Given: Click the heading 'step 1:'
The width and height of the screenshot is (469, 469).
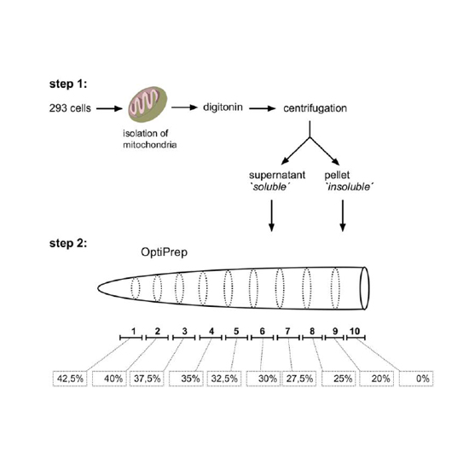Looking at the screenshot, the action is click(x=68, y=84).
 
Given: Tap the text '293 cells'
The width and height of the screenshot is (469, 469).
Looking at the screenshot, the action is click(x=70, y=108).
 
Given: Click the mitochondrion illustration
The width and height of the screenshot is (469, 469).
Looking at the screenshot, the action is click(x=148, y=104).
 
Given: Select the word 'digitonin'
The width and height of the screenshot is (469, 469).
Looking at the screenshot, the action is click(x=223, y=107).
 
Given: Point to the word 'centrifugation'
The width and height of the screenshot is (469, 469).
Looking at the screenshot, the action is click(x=315, y=108).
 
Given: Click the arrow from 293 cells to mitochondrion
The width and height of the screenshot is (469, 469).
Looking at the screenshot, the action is click(x=109, y=108).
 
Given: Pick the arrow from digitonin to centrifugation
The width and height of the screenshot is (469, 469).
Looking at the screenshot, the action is click(x=263, y=108).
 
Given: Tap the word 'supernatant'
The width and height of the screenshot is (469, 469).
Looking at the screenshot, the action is click(x=277, y=176).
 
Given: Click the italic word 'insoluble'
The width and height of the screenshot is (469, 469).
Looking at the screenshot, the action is click(x=350, y=187).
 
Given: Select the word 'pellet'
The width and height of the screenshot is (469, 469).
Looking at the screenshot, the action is click(x=337, y=175).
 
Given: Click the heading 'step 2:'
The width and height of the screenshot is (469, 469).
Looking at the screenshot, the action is click(x=68, y=243).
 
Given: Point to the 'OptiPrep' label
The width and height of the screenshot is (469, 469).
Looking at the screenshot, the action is click(x=165, y=252).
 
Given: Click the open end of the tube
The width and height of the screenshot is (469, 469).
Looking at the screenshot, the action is click(x=364, y=288).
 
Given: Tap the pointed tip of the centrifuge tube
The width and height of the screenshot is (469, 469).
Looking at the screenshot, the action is click(x=98, y=288).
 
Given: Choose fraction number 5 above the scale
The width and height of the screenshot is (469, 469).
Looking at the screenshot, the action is click(x=236, y=331).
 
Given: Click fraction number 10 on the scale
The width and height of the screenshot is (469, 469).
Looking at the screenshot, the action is click(x=355, y=331).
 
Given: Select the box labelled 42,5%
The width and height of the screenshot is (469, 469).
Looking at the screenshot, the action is click(x=70, y=379).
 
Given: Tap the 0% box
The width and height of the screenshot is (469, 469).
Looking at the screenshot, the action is click(x=416, y=379).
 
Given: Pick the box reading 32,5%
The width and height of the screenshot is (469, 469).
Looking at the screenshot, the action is click(x=224, y=379).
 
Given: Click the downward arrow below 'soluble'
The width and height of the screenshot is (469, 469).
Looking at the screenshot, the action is click(x=271, y=216).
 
